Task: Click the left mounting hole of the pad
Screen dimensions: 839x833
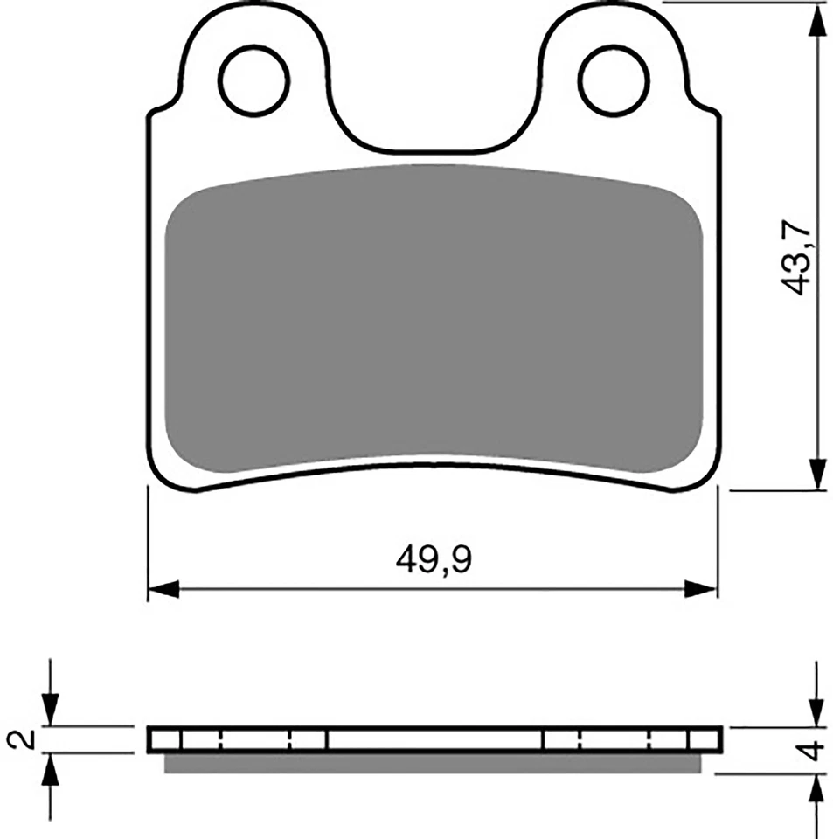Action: [x=254, y=83]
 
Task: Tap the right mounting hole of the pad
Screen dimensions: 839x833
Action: [x=614, y=83]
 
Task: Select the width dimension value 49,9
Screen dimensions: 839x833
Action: [x=434, y=560]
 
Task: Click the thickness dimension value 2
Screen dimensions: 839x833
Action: [x=25, y=739]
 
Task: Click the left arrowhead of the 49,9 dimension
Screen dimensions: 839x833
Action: [x=163, y=589]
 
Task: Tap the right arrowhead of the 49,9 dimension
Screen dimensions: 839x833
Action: [x=702, y=589]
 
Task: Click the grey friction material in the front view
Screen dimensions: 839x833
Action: [x=434, y=315]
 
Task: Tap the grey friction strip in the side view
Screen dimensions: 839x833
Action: [x=434, y=763]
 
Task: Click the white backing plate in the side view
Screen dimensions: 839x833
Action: [x=434, y=739]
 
